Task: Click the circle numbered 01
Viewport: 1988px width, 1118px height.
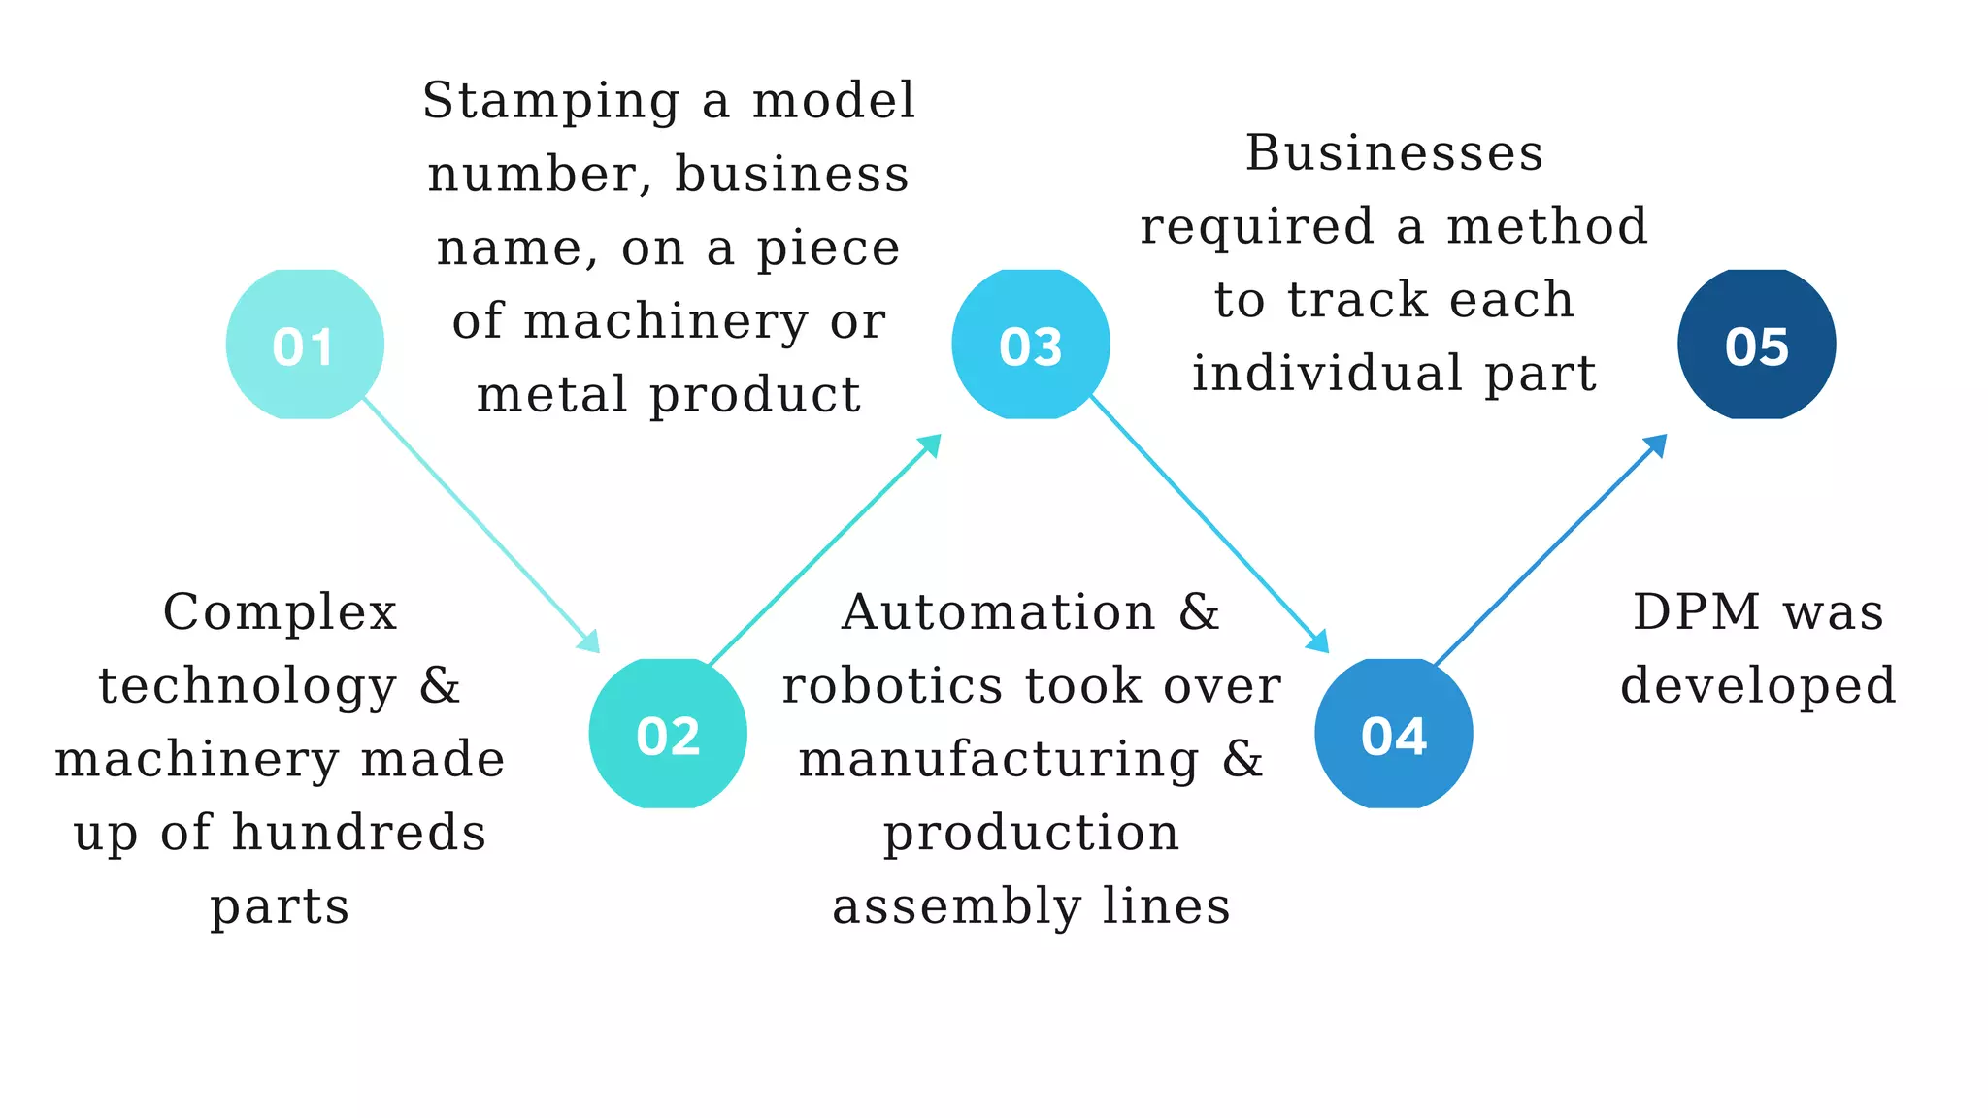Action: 305,345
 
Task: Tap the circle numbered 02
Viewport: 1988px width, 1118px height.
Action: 668,734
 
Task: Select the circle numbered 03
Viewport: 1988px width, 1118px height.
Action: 1031,345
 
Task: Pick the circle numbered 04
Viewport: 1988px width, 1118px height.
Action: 1394,734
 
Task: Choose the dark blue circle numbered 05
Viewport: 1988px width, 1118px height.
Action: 1757,345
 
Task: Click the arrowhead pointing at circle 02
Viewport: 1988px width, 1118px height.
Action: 589,642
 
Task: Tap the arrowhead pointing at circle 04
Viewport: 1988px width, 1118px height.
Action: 1318,642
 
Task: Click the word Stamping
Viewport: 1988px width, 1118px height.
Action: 550,102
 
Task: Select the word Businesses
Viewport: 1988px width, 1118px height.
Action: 1394,153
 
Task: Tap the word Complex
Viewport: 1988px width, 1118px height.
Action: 280,613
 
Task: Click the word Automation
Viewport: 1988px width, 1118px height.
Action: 998,613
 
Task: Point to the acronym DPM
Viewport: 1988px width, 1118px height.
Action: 1696,613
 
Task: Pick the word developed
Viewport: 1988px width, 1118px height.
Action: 1758,687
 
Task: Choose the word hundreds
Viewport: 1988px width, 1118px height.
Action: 359,834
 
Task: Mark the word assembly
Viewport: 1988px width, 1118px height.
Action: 956,907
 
